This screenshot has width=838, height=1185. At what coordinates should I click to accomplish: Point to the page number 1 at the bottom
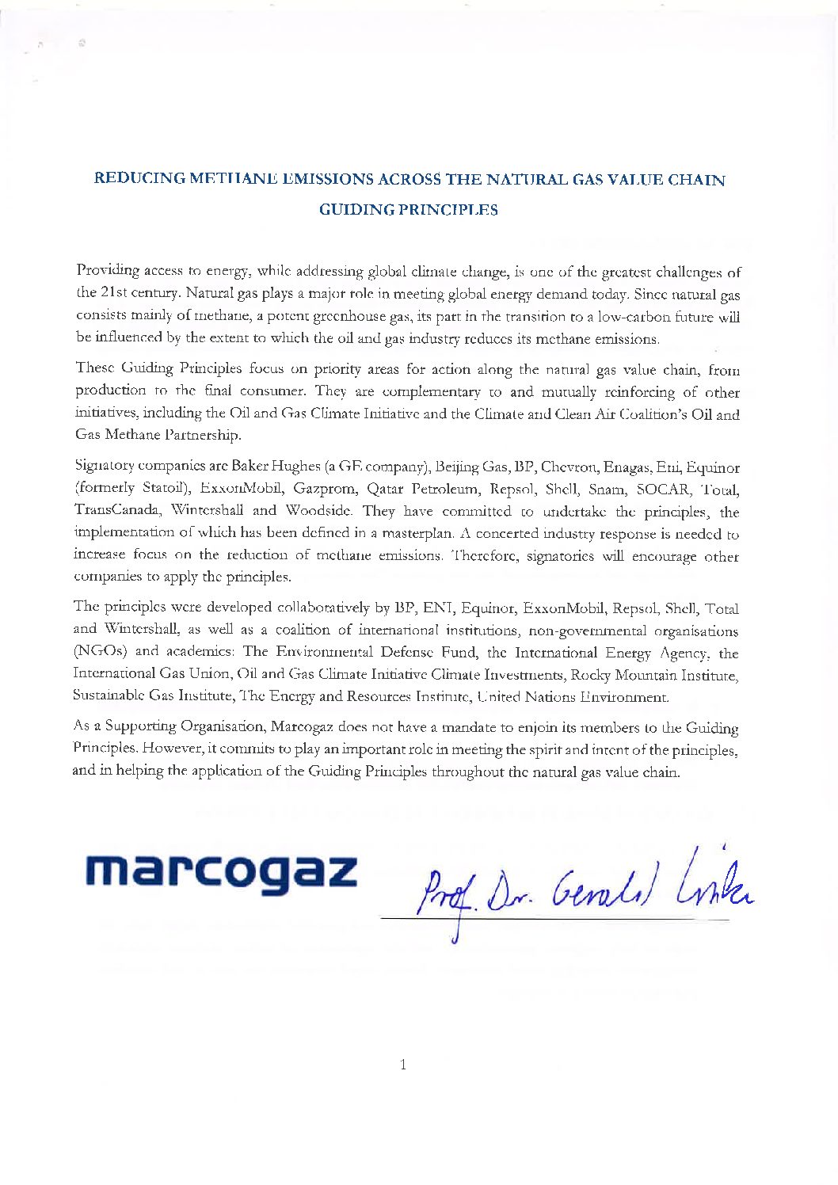pyautogui.click(x=403, y=1064)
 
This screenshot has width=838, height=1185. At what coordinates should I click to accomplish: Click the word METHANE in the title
pyautogui.click(x=236, y=178)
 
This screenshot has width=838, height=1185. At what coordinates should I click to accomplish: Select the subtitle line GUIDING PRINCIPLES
pyautogui.click(x=408, y=210)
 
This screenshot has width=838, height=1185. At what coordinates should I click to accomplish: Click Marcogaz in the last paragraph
pyautogui.click(x=303, y=726)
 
